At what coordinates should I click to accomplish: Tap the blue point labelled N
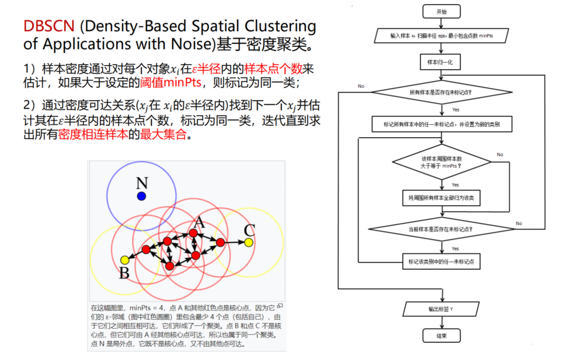pyautogui.click(x=141, y=196)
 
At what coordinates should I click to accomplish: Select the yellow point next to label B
pyautogui.click(x=124, y=260)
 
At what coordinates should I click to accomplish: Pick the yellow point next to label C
pyautogui.click(x=249, y=242)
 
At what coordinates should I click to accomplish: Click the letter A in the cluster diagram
pyautogui.click(x=196, y=221)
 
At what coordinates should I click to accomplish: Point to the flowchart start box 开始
pyautogui.click(x=441, y=11)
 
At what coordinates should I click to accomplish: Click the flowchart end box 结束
pyautogui.click(x=441, y=335)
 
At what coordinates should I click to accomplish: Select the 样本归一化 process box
pyautogui.click(x=441, y=62)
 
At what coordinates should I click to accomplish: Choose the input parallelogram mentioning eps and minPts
pyautogui.click(x=441, y=36)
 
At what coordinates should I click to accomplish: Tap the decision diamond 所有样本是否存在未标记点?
pyautogui.click(x=441, y=93)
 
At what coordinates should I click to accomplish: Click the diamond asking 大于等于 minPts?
pyautogui.click(x=442, y=162)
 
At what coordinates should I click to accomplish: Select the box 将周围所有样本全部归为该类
pyautogui.click(x=441, y=198)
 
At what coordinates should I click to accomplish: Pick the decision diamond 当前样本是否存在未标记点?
pyautogui.click(x=441, y=229)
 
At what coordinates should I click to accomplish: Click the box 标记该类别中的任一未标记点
pyautogui.click(x=441, y=261)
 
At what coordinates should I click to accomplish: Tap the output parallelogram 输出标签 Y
pyautogui.click(x=441, y=309)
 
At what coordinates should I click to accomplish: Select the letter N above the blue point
pyautogui.click(x=141, y=183)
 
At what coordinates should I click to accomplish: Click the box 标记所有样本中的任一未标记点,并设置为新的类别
pyautogui.click(x=442, y=125)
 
